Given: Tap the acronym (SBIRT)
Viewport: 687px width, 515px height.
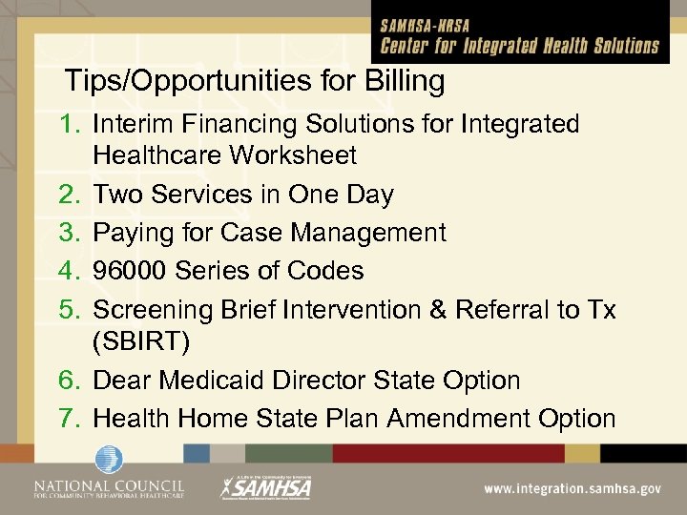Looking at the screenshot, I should pyautogui.click(x=140, y=340).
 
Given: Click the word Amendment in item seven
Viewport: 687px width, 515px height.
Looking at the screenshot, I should pyautogui.click(x=448, y=418).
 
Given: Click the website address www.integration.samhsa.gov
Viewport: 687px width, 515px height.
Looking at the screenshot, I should pyautogui.click(x=572, y=488).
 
